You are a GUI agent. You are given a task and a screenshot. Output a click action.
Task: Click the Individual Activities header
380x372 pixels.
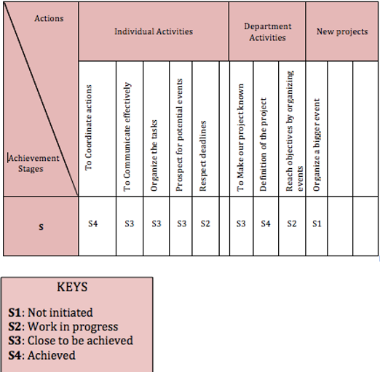[154, 31]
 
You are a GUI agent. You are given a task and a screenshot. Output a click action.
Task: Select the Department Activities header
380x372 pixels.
[268, 32]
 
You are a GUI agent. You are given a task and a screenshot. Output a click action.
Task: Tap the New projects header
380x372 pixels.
[342, 31]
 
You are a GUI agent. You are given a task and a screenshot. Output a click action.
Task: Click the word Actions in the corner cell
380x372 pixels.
[49, 18]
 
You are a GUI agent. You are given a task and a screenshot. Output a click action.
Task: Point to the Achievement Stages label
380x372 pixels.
[33, 163]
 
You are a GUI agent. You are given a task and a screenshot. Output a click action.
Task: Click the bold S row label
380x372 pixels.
[41, 227]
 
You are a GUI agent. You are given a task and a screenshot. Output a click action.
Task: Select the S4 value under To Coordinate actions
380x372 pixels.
[93, 223]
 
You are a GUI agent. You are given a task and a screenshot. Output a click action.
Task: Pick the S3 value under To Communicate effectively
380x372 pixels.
[130, 223]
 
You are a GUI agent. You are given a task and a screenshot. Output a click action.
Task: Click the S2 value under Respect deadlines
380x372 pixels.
[205, 223]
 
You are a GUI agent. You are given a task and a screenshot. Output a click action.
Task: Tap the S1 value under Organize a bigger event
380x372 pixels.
[317, 223]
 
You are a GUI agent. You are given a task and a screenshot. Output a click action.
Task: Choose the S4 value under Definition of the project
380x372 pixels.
[266, 223]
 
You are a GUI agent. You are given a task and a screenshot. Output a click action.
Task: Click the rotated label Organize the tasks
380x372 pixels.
[154, 156]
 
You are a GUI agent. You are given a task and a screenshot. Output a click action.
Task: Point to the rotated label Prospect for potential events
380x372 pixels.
[179, 135]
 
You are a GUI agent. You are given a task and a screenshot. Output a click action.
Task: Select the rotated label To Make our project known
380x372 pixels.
[240, 138]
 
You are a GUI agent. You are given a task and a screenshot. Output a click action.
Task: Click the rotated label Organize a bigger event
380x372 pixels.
[317, 145]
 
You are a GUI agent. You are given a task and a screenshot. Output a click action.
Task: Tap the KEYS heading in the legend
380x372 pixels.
[72, 287]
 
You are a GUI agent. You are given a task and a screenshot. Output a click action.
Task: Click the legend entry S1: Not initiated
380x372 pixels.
[50, 312]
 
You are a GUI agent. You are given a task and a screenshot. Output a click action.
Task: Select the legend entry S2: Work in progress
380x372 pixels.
[63, 327]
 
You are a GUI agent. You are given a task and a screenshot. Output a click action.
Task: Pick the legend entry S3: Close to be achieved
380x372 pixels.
[71, 341]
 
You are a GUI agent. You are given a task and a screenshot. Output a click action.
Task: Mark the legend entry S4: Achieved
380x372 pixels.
[41, 355]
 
